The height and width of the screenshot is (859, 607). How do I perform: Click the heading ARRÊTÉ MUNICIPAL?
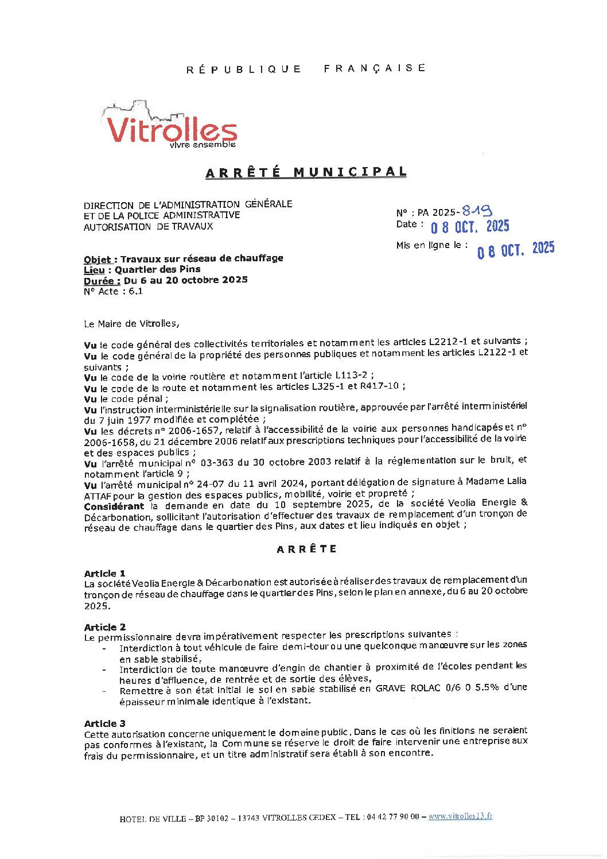pyautogui.click(x=306, y=172)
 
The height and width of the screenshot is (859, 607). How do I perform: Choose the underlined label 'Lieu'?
pyautogui.click(x=95, y=270)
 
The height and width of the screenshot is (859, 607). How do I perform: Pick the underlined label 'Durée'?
pyautogui.click(x=102, y=280)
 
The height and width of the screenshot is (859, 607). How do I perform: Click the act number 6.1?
pyautogui.click(x=135, y=291)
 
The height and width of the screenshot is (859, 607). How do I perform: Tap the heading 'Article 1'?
pyautogui.click(x=104, y=573)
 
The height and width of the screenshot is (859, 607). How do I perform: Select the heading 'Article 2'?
pyautogui.click(x=104, y=627)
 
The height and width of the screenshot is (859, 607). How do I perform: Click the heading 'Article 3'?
pyautogui.click(x=104, y=723)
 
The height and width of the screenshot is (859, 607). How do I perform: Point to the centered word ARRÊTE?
pyautogui.click(x=307, y=549)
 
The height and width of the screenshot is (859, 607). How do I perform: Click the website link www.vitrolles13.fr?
pyautogui.click(x=460, y=816)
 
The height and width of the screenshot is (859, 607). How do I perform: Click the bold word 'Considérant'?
pyautogui.click(x=114, y=506)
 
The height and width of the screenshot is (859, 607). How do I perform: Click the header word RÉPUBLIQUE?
pyautogui.click(x=244, y=69)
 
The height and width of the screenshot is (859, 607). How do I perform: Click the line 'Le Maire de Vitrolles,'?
pyautogui.click(x=131, y=324)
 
